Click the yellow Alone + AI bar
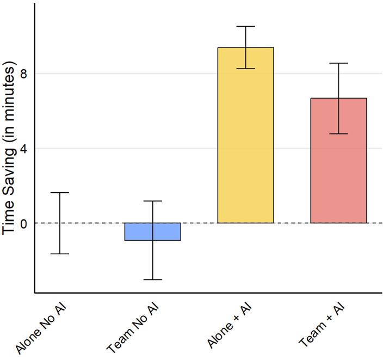click(245, 136)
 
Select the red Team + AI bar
click(338, 161)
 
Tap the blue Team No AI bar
click(152, 231)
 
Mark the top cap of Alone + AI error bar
click(245, 26)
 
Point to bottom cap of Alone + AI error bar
click(245, 69)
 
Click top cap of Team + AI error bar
click(338, 63)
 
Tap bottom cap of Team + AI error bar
click(338, 133)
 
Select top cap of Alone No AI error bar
click(60, 193)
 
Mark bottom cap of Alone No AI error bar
click(60, 254)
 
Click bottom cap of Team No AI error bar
click(152, 279)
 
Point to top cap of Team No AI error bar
click(152, 201)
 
